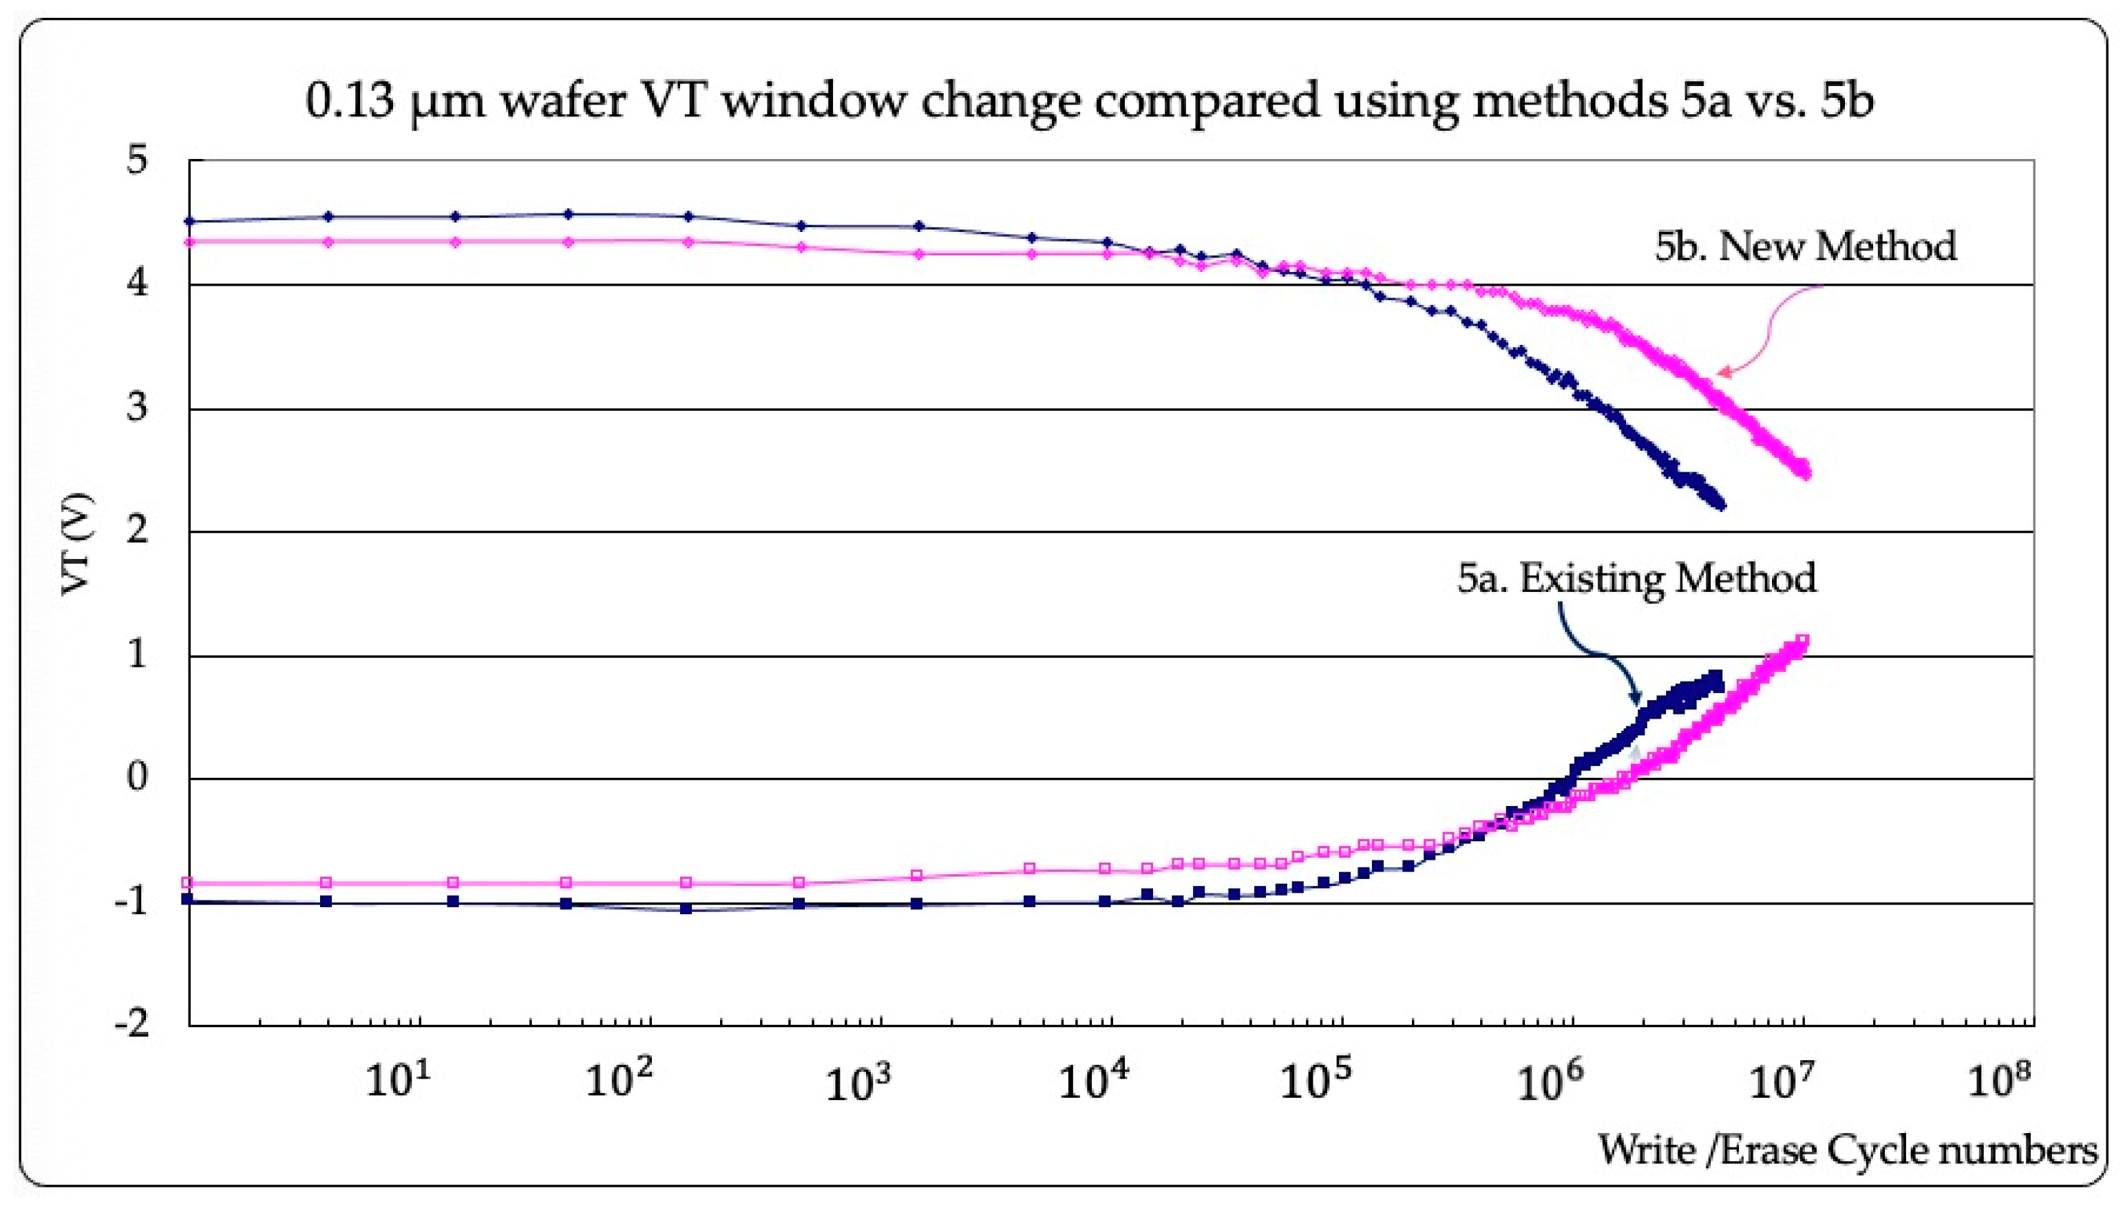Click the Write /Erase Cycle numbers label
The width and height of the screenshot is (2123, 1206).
[x=1846, y=1150]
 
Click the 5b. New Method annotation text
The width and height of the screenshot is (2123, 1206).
[x=1805, y=246]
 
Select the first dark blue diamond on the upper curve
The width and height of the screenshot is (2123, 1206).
[x=190, y=221]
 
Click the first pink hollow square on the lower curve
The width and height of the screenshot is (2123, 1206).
[x=187, y=883]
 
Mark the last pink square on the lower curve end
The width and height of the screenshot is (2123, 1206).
[x=1802, y=640]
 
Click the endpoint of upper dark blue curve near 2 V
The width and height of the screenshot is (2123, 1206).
[x=1721, y=505]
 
